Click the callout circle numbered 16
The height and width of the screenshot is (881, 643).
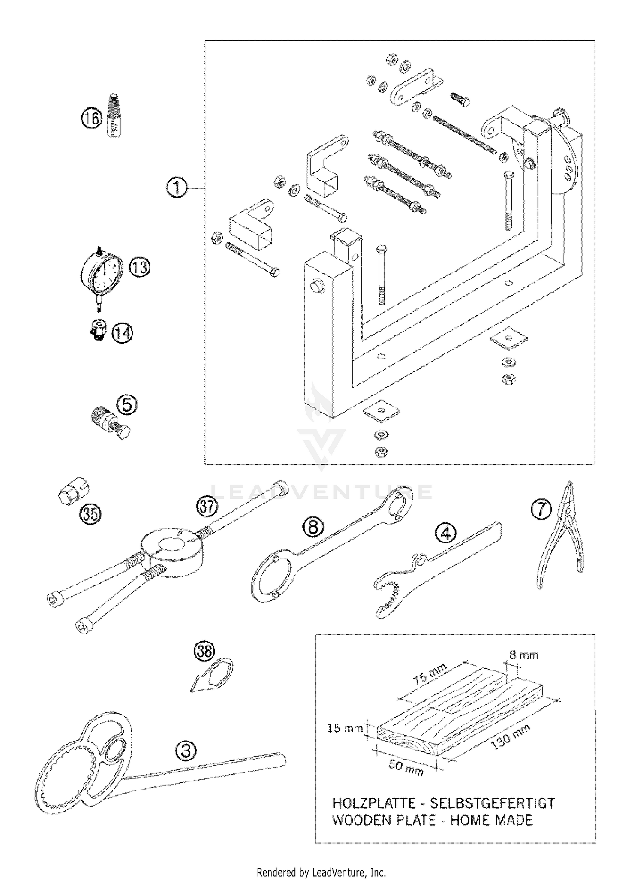click(91, 118)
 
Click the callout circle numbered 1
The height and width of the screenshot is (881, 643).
click(177, 188)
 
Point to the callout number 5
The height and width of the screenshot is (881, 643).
click(127, 405)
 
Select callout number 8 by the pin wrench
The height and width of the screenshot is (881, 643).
click(313, 526)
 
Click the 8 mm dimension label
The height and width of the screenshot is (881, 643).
click(523, 655)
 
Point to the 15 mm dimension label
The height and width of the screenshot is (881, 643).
click(345, 728)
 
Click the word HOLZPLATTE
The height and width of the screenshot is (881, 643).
click(374, 803)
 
